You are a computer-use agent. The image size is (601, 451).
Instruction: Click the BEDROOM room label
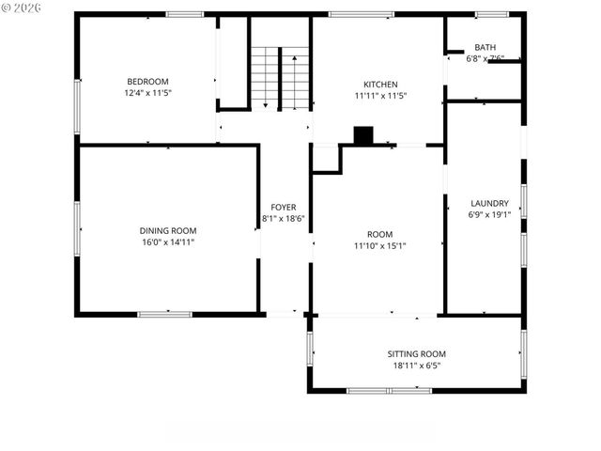147,81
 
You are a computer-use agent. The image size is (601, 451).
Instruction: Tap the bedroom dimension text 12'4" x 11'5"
147,93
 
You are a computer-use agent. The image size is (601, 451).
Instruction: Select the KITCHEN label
380,84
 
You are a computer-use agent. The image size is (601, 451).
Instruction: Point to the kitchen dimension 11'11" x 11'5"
380,96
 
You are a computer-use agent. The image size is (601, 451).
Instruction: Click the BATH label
485,47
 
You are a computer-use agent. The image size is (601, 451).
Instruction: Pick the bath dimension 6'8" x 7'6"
485,58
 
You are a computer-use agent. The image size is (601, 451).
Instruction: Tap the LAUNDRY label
489,203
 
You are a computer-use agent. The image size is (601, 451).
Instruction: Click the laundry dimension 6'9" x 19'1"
489,214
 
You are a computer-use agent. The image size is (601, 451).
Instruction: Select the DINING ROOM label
168,230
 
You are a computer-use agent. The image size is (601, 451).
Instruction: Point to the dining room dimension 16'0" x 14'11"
168,242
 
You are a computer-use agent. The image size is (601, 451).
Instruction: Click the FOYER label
284,207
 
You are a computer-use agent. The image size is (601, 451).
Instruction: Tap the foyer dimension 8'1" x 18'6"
284,219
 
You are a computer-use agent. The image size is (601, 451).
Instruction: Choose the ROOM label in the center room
379,234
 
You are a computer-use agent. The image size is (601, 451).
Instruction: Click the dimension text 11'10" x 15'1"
379,246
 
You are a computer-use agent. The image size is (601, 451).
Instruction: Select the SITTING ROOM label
416,353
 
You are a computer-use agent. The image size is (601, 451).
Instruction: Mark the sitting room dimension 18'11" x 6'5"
416,365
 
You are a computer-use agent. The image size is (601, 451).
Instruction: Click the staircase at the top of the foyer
280,77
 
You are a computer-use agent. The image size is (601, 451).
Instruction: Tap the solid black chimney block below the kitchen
362,135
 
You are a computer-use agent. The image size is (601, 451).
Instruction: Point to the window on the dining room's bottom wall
165,313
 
